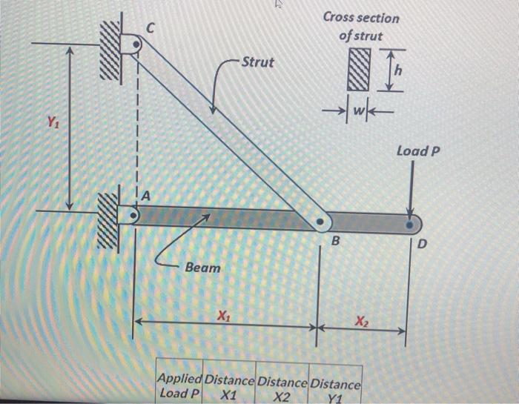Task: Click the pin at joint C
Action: (135, 46)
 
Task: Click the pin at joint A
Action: (133, 217)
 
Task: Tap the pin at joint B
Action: (320, 222)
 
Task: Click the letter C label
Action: (151, 28)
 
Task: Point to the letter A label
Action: (146, 196)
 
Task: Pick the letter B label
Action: (334, 242)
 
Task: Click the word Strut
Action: (258, 62)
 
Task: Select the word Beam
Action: (202, 267)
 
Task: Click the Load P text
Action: (418, 151)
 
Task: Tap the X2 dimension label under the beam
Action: (360, 320)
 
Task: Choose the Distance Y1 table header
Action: (335, 389)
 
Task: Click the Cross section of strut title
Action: (360, 27)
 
